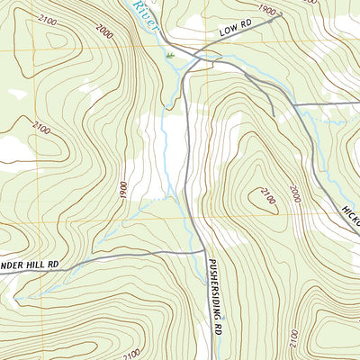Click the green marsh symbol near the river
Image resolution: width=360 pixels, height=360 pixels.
tap(170, 56)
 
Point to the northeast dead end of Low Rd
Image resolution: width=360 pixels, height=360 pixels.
tap(281, 13)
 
